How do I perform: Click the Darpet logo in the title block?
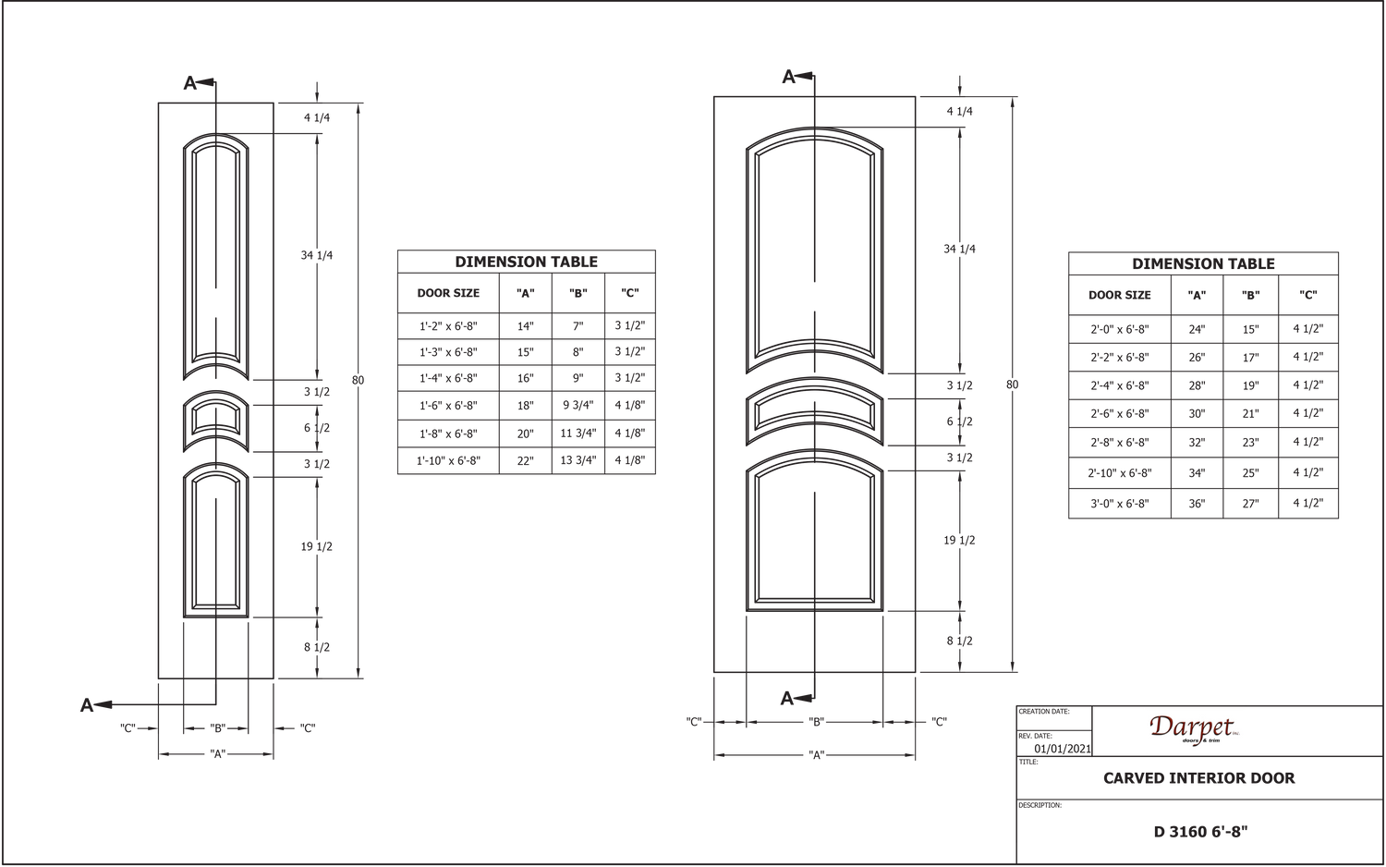pos(1194,730)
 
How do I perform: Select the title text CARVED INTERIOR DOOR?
pos(1198,778)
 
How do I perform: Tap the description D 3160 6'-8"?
pos(1200,831)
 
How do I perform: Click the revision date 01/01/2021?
pos(1063,748)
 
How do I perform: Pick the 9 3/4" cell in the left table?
pos(577,406)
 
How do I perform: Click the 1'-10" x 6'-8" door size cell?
pos(448,460)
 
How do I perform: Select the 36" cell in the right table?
pos(1197,504)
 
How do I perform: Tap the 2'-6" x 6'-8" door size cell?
pos(1119,413)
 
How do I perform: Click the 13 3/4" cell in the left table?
pos(577,460)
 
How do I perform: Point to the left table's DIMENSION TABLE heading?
pos(526,262)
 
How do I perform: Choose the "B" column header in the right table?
pos(1250,295)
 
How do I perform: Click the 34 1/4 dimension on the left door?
pos(317,255)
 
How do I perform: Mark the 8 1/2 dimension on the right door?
pos(959,641)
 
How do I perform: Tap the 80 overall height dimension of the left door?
pos(359,380)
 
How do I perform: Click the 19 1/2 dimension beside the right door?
pos(959,540)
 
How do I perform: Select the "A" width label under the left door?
pos(216,753)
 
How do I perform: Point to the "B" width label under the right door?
pos(816,722)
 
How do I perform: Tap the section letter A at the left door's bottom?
pos(87,705)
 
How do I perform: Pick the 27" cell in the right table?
pos(1250,504)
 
